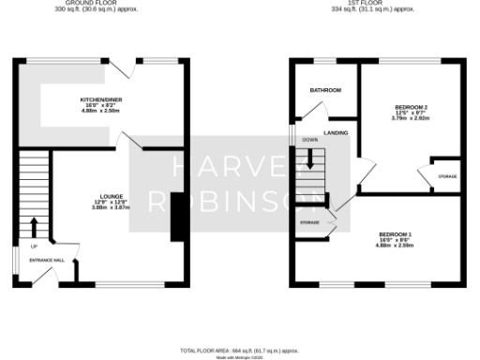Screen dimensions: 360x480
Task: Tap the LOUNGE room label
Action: point(110,195)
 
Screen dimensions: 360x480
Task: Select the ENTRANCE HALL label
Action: point(46,259)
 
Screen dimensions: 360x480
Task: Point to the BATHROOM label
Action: point(325,90)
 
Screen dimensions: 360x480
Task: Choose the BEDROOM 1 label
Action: point(396,233)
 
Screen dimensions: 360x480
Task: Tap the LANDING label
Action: point(336,134)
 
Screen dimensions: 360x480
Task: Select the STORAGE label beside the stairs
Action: point(309,222)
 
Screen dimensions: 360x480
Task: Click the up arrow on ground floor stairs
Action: point(35,226)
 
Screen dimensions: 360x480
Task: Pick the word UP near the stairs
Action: point(22,247)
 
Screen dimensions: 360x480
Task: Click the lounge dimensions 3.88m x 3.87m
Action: point(110,206)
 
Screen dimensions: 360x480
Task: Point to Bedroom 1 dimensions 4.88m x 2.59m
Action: point(396,245)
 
